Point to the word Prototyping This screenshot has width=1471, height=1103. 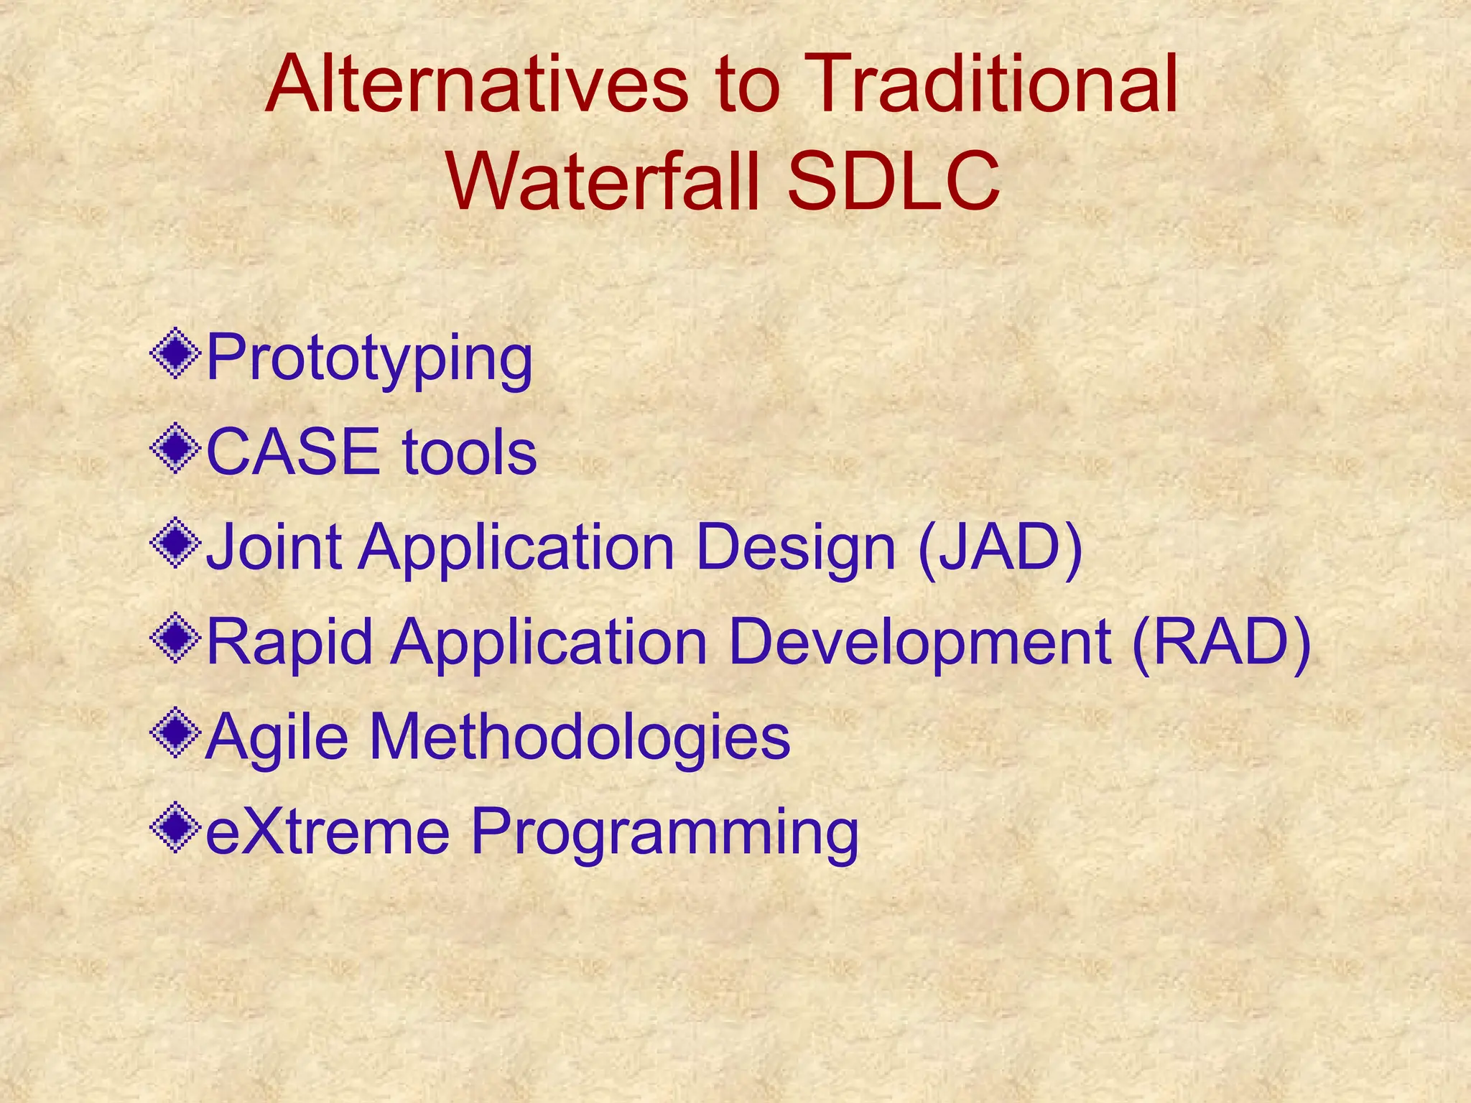pyautogui.click(x=369, y=359)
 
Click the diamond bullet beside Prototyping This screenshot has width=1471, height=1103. pyautogui.click(x=175, y=353)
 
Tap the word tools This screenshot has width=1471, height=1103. pyautogui.click(x=469, y=452)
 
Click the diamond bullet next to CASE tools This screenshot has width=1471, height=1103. pyautogui.click(x=175, y=449)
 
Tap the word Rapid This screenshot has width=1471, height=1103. pyautogui.click(x=289, y=643)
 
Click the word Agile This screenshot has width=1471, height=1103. pyautogui.click(x=277, y=738)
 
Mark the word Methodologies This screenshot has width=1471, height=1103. pyautogui.click(x=580, y=738)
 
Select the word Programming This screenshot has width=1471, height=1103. pyautogui.click(x=664, y=833)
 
